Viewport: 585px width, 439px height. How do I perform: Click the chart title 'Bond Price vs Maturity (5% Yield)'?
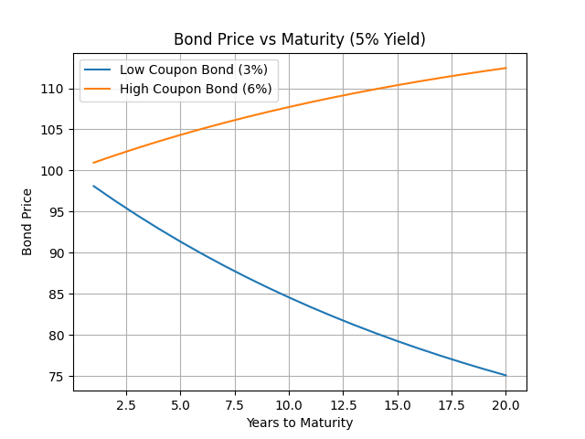tap(299, 39)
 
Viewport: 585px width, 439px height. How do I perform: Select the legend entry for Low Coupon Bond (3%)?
tap(193, 70)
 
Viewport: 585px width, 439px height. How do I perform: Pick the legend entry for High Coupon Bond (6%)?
tap(196, 89)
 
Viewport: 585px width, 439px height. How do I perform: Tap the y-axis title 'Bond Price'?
tap(27, 221)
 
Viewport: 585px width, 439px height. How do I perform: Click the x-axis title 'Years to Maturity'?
tap(299, 423)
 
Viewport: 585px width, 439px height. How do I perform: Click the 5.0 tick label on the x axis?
tap(180, 404)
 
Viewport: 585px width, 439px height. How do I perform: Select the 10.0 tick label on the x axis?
tap(289, 404)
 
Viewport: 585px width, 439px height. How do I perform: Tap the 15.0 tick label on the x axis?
tap(397, 404)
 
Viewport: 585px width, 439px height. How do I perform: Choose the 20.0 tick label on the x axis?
tap(505, 404)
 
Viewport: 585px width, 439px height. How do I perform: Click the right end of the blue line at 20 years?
tap(505, 375)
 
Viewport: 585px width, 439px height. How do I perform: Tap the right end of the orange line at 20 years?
tap(505, 68)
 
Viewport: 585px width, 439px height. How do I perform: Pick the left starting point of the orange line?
tap(93, 163)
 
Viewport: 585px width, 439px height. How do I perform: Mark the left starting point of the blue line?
tap(93, 186)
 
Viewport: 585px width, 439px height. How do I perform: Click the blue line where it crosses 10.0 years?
tap(289, 297)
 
